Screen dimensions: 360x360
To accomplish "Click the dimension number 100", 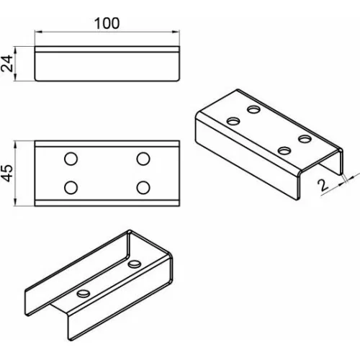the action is tap(107, 23).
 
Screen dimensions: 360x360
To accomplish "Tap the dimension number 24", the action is tap(6, 63).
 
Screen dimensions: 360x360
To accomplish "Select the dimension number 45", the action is tap(6, 173).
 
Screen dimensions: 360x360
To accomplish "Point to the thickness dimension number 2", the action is tap(323, 185).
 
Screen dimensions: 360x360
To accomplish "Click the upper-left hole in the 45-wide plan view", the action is tap(71, 158).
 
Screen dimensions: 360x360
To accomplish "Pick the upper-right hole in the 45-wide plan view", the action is tap(143, 158).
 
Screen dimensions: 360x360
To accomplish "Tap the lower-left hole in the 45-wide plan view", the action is tap(71, 187).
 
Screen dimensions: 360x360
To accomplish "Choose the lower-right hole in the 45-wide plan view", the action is tap(143, 187).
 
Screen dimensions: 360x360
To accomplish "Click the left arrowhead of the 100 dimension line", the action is tap(38, 32).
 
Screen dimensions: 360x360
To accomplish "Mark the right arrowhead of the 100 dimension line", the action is tap(176, 32).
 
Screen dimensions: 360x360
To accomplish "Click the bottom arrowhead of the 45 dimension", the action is tap(15, 202).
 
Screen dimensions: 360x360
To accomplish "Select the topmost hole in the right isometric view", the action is tap(254, 109).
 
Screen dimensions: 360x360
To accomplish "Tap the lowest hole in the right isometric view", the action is tap(284, 150).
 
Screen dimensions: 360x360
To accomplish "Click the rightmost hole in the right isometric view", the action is tap(305, 139).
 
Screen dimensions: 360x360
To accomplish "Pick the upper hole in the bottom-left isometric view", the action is tap(135, 264).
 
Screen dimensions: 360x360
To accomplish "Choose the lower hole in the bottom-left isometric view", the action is tap(84, 294).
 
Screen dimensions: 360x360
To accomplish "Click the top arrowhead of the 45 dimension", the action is tap(15, 145).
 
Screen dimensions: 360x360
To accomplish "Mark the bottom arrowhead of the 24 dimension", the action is tap(15, 77).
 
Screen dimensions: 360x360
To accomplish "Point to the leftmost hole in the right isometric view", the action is tap(233, 121).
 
